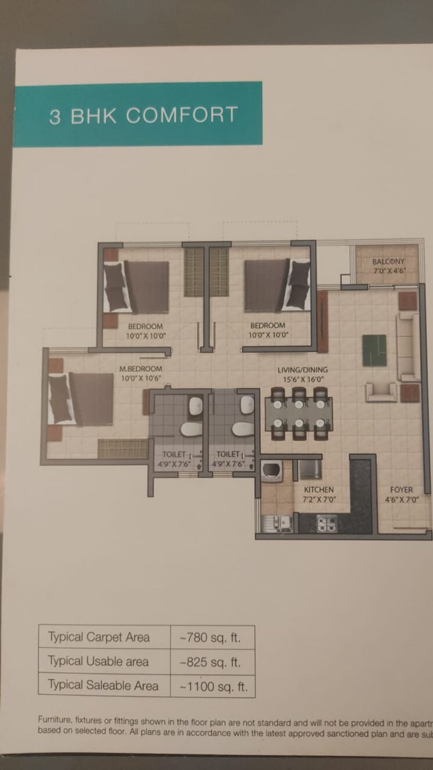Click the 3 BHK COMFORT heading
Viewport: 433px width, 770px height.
point(144,115)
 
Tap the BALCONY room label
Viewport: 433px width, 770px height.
point(388,262)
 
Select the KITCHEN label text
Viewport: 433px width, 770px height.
point(319,490)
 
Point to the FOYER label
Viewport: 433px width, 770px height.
point(402,490)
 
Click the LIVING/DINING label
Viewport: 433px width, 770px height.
point(302,370)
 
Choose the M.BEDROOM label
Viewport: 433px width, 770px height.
point(141,369)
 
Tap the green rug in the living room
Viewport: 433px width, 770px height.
point(374,350)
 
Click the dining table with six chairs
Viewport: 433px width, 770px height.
point(299,413)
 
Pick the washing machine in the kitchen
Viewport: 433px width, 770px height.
point(271,470)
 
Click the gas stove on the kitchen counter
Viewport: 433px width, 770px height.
point(325,523)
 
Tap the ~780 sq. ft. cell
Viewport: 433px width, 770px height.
point(210,637)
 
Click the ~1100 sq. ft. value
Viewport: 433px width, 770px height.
point(213,686)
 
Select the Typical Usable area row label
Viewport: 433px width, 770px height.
point(98,662)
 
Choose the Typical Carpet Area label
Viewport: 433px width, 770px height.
point(99,637)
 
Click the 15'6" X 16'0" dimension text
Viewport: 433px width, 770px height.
point(302,379)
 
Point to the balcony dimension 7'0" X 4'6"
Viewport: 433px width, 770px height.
point(388,270)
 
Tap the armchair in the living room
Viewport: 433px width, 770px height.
point(381,391)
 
